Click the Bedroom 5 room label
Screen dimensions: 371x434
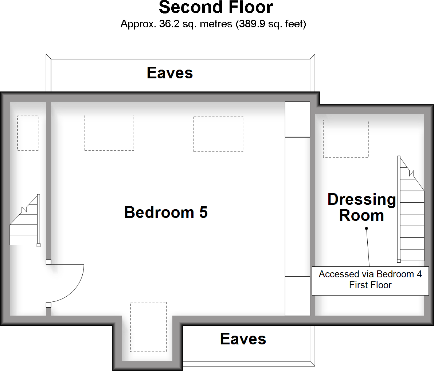click(166, 212)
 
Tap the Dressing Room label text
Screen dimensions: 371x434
click(361, 207)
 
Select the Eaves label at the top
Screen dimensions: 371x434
click(170, 73)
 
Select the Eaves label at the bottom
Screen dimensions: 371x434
click(243, 339)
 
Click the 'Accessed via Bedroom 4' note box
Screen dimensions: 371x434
click(370, 280)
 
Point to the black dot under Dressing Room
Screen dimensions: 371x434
click(367, 229)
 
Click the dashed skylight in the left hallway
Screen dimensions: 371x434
click(28, 133)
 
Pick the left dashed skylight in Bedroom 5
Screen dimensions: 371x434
click(109, 133)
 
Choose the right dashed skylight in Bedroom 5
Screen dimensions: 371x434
click(218, 134)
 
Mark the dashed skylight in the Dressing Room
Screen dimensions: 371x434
click(345, 139)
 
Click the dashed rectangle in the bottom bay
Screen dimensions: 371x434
click(148, 327)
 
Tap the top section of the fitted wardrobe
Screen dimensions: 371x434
click(297, 119)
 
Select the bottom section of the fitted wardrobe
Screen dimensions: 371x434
click(297, 296)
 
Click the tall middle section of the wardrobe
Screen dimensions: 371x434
click(297, 207)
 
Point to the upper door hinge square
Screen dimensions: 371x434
click(48, 262)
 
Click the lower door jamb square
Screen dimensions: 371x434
click(48, 305)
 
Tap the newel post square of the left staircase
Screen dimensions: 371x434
click(38, 245)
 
